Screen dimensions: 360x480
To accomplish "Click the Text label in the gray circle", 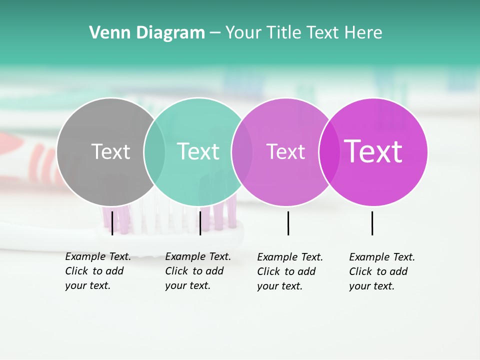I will point(110,151).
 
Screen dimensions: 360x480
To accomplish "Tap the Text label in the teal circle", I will point(198,151).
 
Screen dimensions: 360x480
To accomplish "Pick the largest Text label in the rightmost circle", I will point(373,151).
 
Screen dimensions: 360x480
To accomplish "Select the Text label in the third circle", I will point(285,151).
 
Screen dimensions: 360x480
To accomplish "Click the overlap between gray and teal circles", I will point(154,151).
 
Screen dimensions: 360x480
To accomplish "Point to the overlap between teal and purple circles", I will point(242,151).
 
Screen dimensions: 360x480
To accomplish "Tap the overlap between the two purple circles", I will point(329,151).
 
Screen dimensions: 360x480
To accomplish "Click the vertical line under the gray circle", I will point(112,223).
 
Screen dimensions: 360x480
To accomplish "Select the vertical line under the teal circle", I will point(200,223).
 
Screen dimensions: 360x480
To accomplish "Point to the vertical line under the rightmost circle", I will point(372,223).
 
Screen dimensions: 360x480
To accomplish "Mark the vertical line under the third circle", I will point(288,223).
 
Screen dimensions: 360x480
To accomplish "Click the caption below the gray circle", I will point(97,271).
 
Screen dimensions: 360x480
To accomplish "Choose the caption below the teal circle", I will point(197,271).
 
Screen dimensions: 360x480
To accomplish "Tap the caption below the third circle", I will point(289,271).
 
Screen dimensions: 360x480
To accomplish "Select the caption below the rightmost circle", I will point(381,271).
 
